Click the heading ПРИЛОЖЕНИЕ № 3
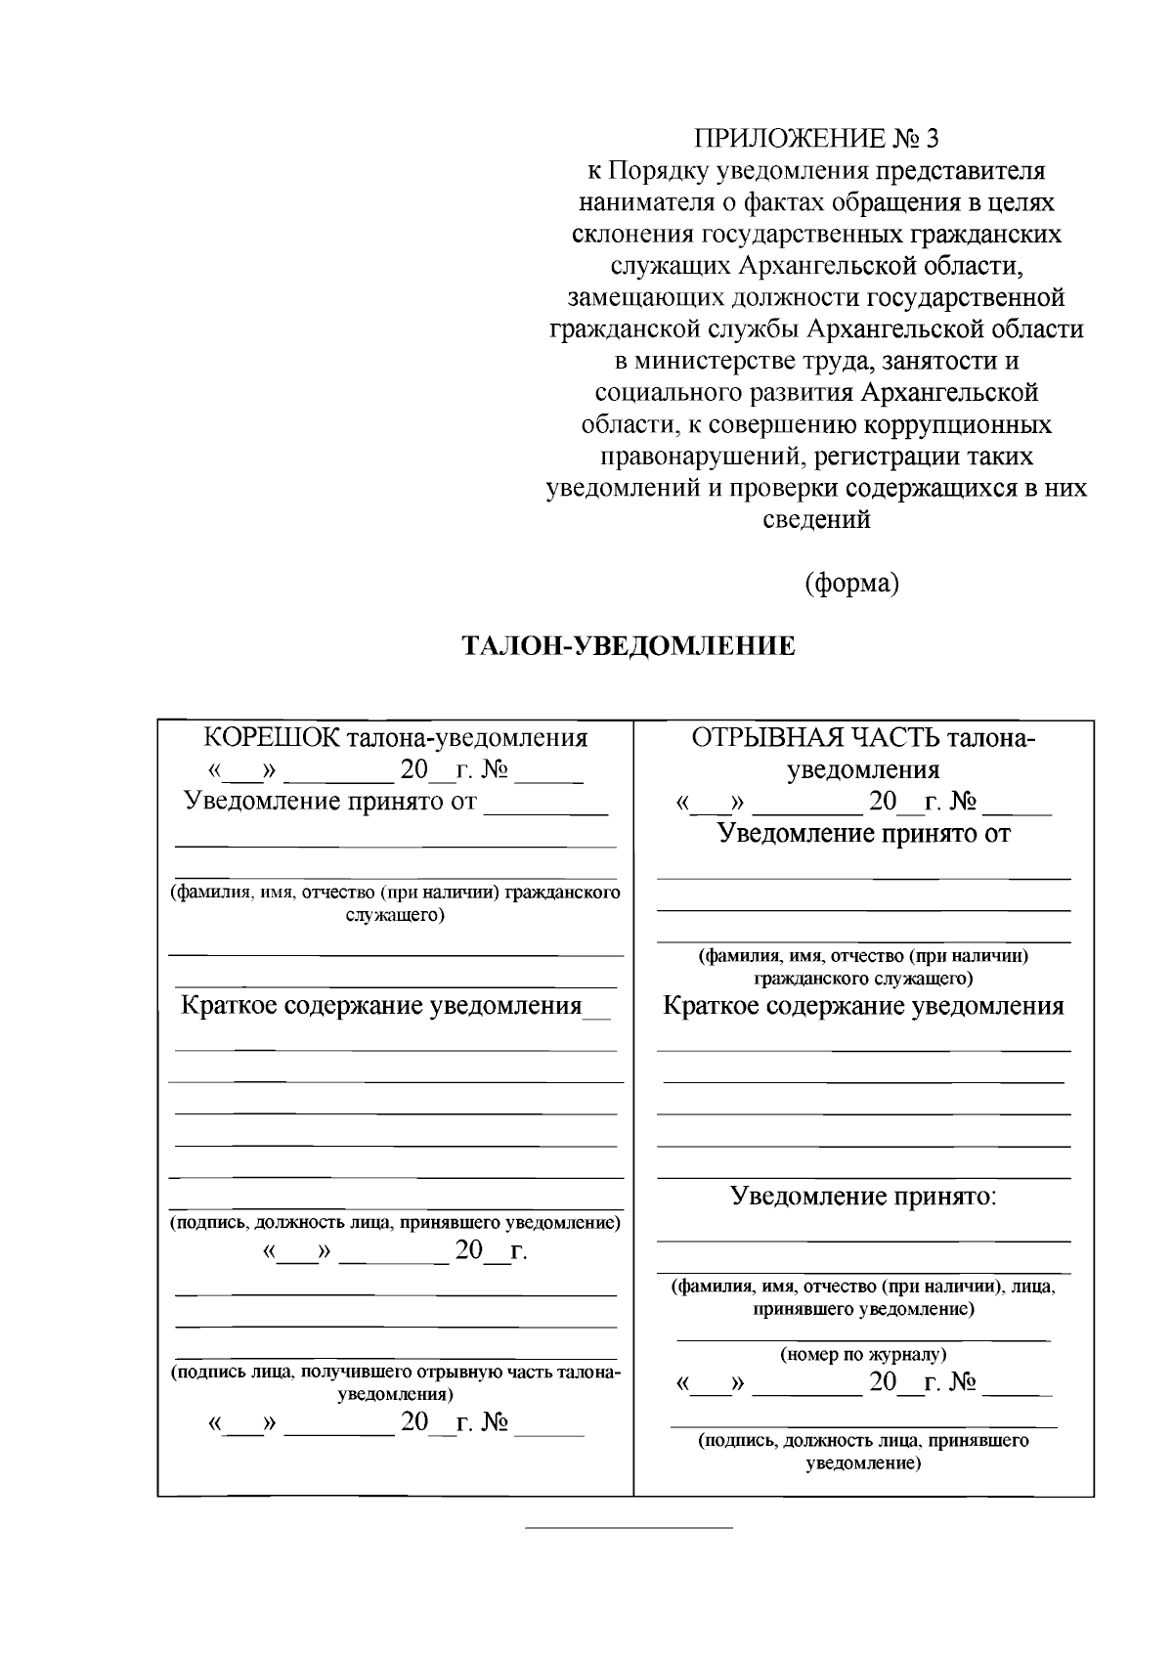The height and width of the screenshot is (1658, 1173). (815, 140)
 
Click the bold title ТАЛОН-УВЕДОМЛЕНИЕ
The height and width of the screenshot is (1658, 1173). (628, 647)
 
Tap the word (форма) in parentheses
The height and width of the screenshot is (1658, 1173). (851, 584)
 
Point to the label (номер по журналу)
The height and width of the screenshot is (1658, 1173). (863, 1355)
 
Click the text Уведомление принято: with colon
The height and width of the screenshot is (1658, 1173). (864, 1196)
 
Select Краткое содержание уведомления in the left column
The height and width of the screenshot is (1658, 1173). (381, 1006)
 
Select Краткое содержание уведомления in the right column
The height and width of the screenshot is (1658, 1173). (863, 1006)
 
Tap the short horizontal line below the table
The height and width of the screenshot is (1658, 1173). (629, 1526)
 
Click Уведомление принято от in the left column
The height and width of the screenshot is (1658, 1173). (330, 803)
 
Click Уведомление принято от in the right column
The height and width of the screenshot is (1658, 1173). (863, 834)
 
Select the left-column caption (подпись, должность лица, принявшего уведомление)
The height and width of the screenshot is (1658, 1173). (395, 1223)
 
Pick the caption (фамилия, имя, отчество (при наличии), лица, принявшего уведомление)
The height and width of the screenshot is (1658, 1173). (863, 1297)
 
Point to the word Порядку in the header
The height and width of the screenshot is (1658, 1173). (659, 172)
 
